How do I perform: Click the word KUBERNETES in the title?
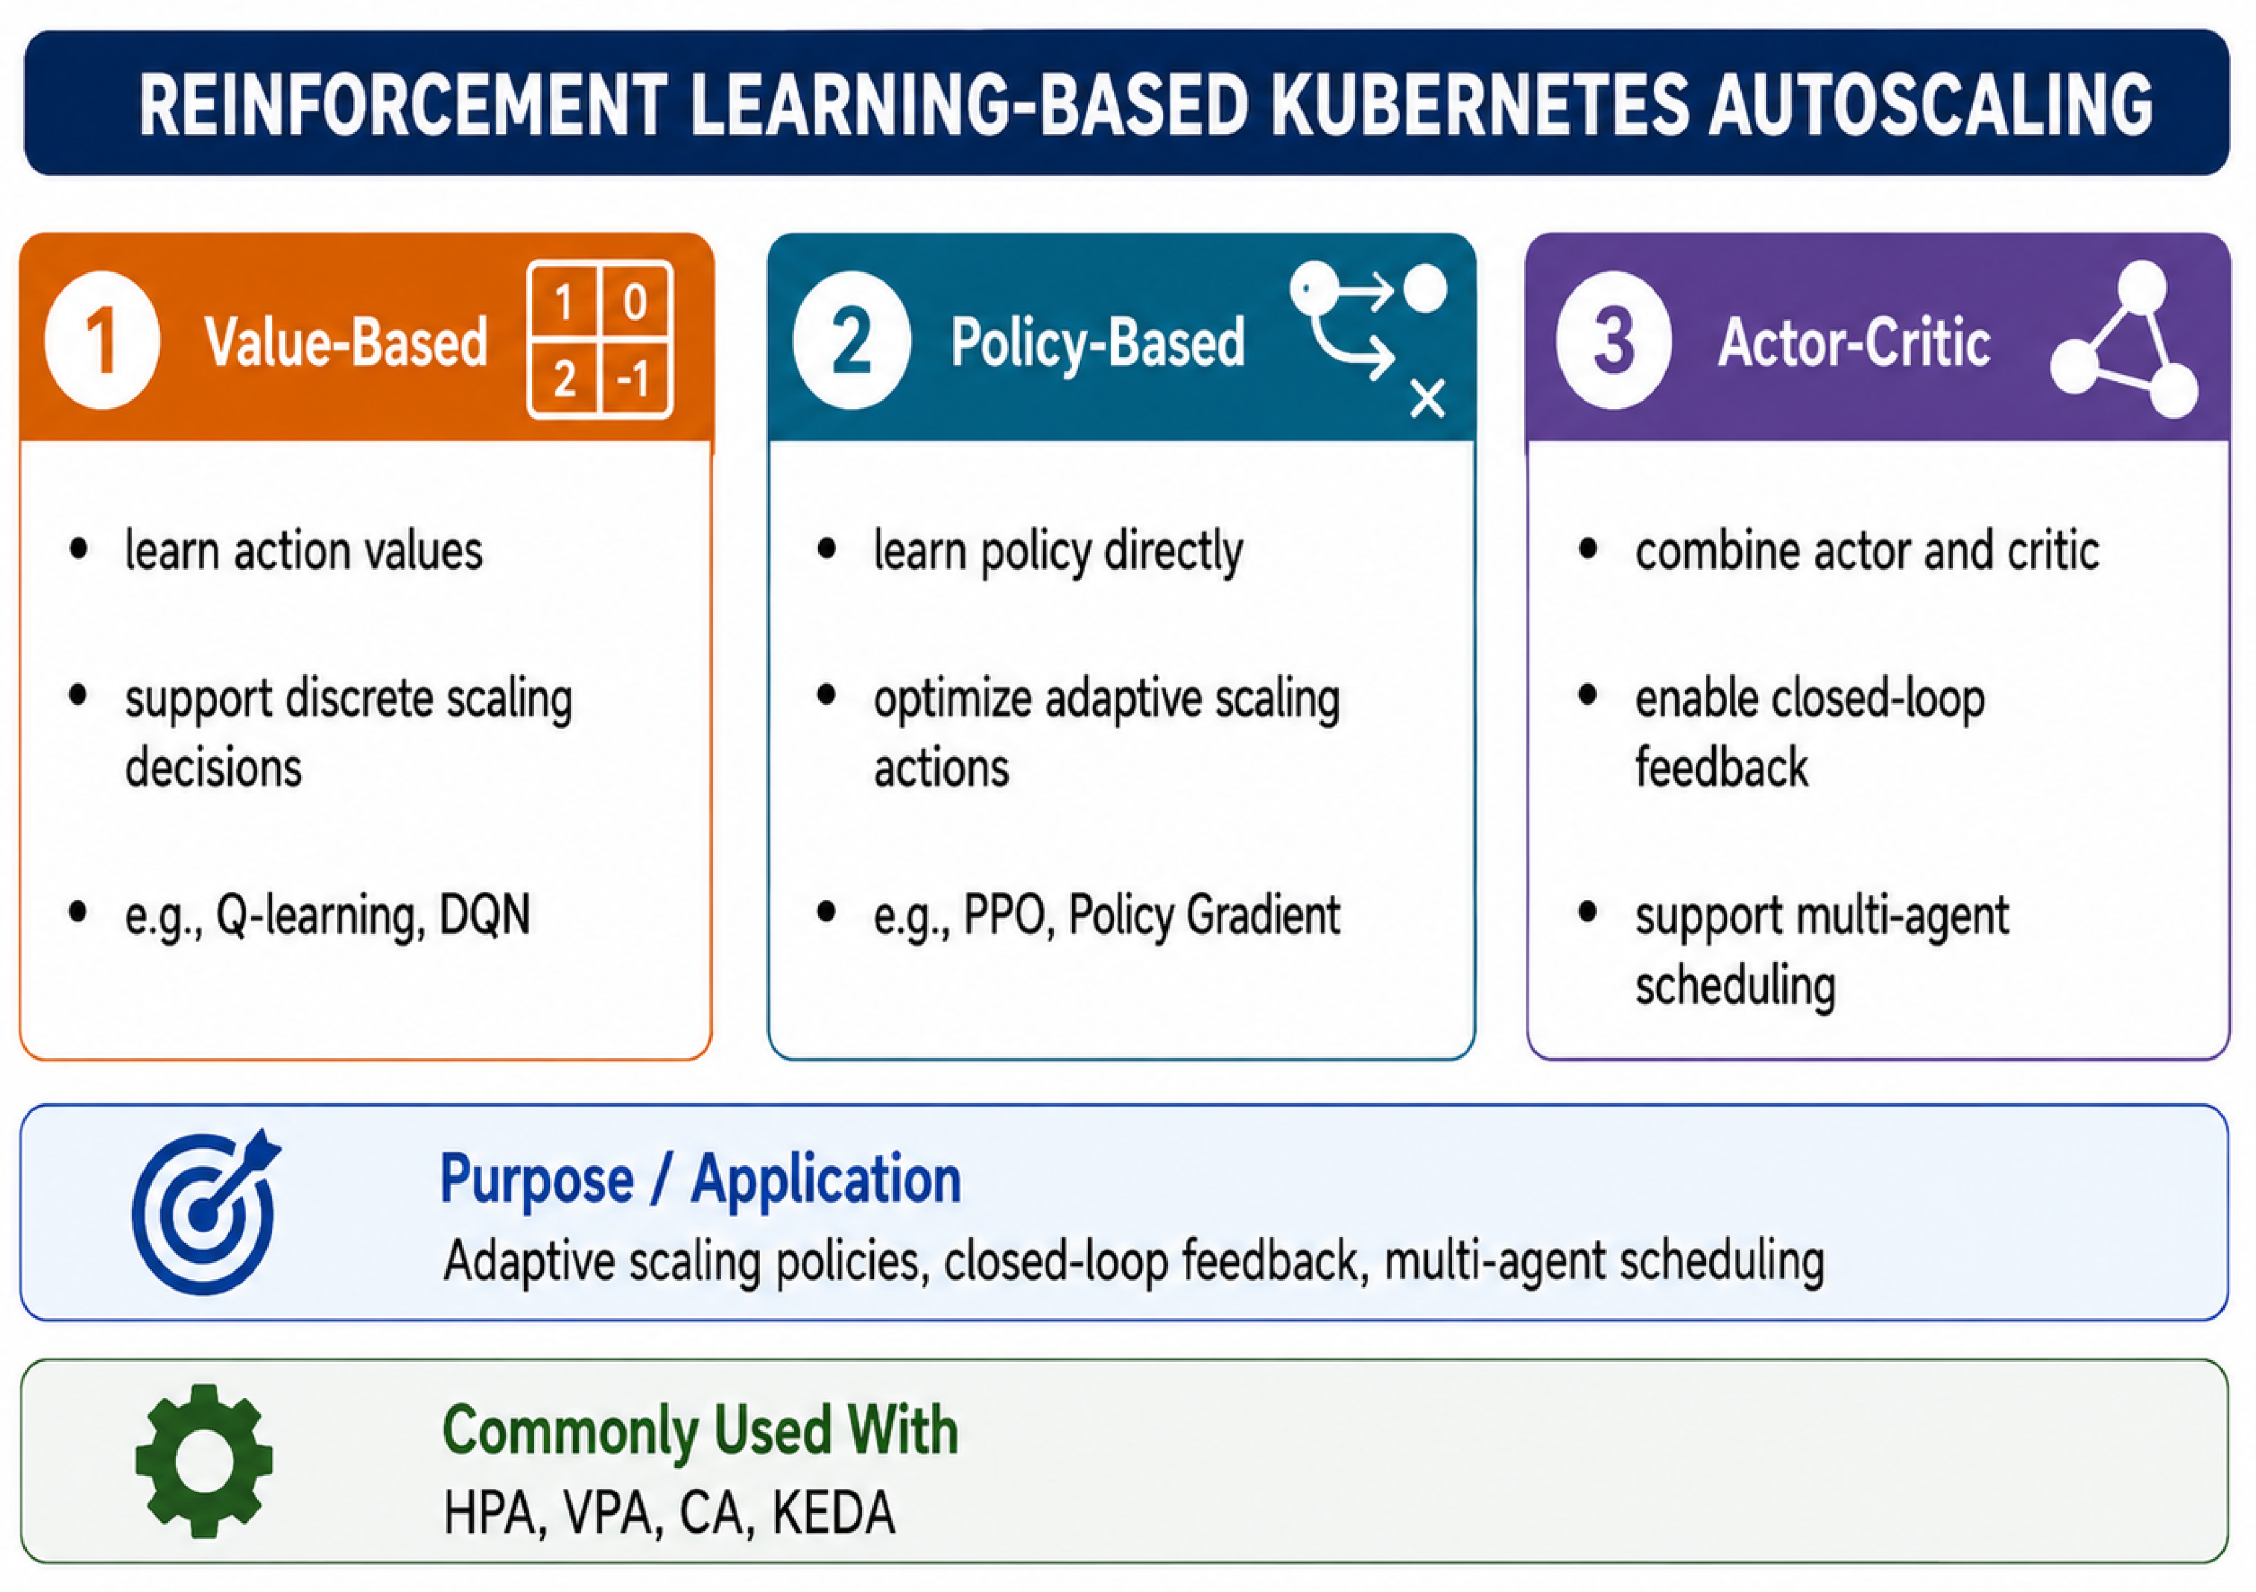pos(1479,104)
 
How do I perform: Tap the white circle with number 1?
pos(102,340)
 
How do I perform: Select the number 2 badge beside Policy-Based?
pos(852,340)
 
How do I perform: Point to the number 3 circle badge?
pos(1613,340)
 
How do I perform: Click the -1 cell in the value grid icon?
pos(635,378)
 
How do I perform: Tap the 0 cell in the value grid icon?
pos(635,301)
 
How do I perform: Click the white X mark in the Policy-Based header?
pos(1426,399)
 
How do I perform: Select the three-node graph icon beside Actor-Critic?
pos(2124,340)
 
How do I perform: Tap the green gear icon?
pos(204,1460)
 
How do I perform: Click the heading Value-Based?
pos(346,342)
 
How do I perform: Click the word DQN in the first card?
pos(484,915)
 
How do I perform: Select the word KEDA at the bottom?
pos(833,1512)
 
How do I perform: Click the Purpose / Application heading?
pos(701,1179)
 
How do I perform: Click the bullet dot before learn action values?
pos(79,548)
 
